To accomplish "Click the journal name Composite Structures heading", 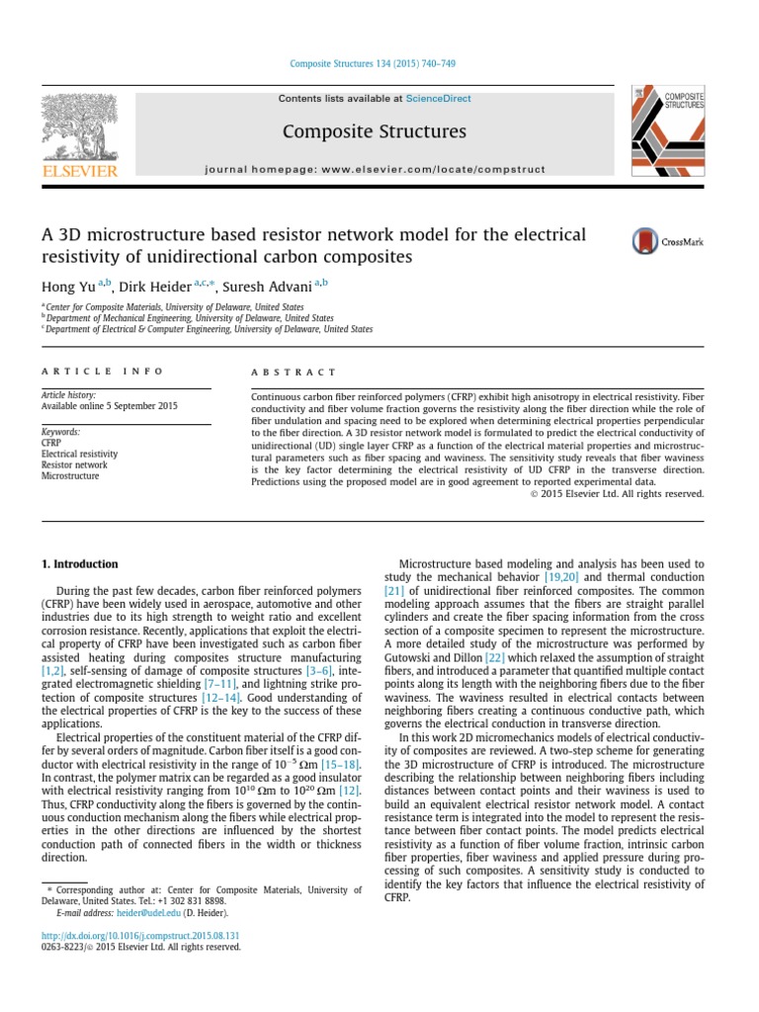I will [x=374, y=131].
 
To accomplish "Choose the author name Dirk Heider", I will [x=160, y=286].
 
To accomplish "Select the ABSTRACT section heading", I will [x=295, y=372].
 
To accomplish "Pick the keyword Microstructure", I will [x=70, y=475].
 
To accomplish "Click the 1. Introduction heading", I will [x=79, y=564].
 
